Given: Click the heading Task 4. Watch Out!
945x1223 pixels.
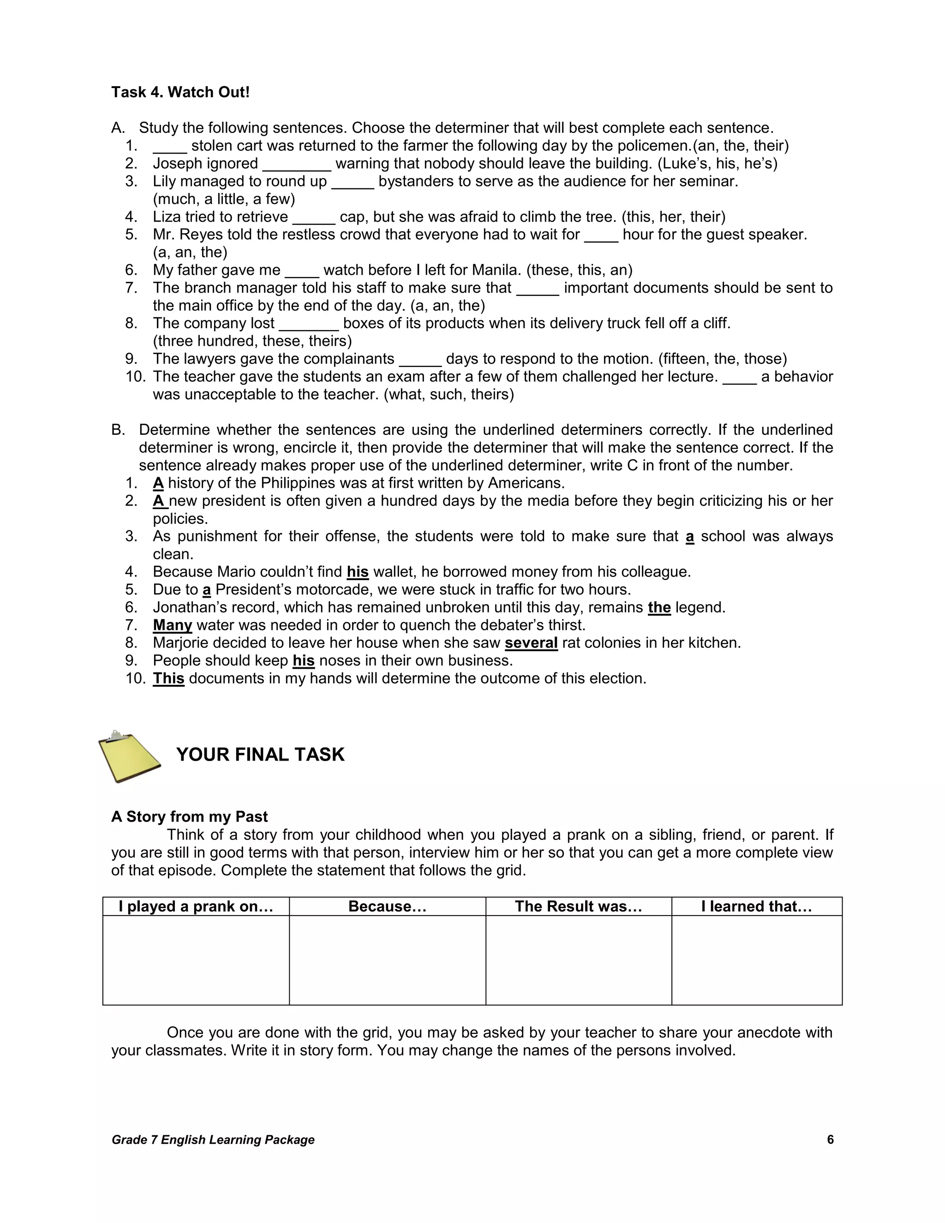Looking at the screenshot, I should point(180,92).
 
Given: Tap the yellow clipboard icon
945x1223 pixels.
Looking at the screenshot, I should point(129,756).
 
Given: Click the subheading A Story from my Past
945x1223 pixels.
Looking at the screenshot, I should point(189,816).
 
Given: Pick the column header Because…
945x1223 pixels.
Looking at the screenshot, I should point(388,906).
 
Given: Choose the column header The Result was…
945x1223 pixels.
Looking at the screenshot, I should point(578,906).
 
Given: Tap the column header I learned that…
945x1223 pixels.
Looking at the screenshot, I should point(756,906).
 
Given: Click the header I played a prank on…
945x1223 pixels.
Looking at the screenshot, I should point(196,906).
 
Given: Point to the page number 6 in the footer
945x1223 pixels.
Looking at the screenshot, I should point(830,1139).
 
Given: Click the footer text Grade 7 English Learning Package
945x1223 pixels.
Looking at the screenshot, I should point(213,1139).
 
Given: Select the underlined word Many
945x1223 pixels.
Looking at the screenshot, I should point(173,625).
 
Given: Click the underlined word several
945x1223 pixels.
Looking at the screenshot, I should point(531,643).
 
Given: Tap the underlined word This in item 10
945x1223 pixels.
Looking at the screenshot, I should point(168,679).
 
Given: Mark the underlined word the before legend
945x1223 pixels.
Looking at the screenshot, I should point(659,608).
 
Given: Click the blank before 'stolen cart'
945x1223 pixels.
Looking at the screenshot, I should point(170,147).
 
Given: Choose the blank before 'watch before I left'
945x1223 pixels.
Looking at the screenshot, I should point(302,271).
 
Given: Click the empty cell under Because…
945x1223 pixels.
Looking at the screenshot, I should point(388,960).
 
